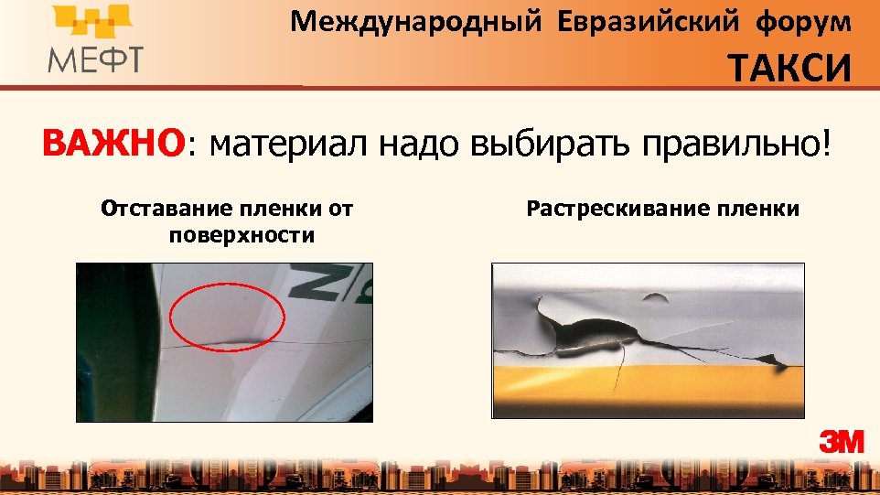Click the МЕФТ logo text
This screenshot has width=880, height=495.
(x=95, y=59)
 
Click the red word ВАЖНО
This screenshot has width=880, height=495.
(x=113, y=144)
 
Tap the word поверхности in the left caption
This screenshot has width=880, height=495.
(x=241, y=235)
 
